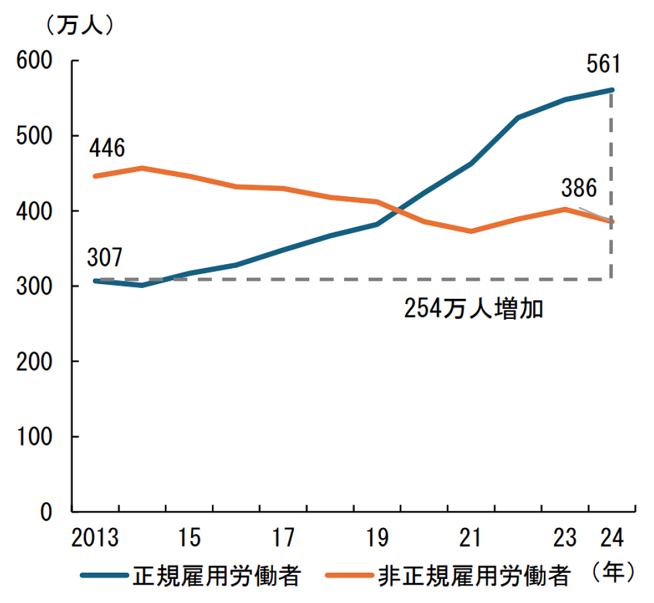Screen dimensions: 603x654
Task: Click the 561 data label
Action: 603,65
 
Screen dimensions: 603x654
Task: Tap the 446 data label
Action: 107,148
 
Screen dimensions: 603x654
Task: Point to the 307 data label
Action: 107,257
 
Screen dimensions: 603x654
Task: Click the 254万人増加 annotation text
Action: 473,309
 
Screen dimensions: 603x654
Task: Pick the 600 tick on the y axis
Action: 34,61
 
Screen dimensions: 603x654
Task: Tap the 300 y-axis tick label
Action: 34,287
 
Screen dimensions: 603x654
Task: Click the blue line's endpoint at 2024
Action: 611,90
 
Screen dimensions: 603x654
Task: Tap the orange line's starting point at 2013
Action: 95,176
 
